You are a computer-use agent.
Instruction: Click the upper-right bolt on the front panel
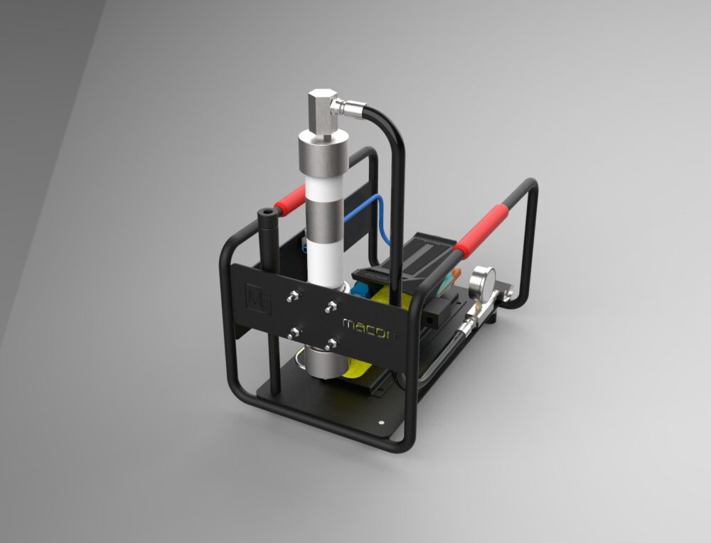click(x=331, y=306)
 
